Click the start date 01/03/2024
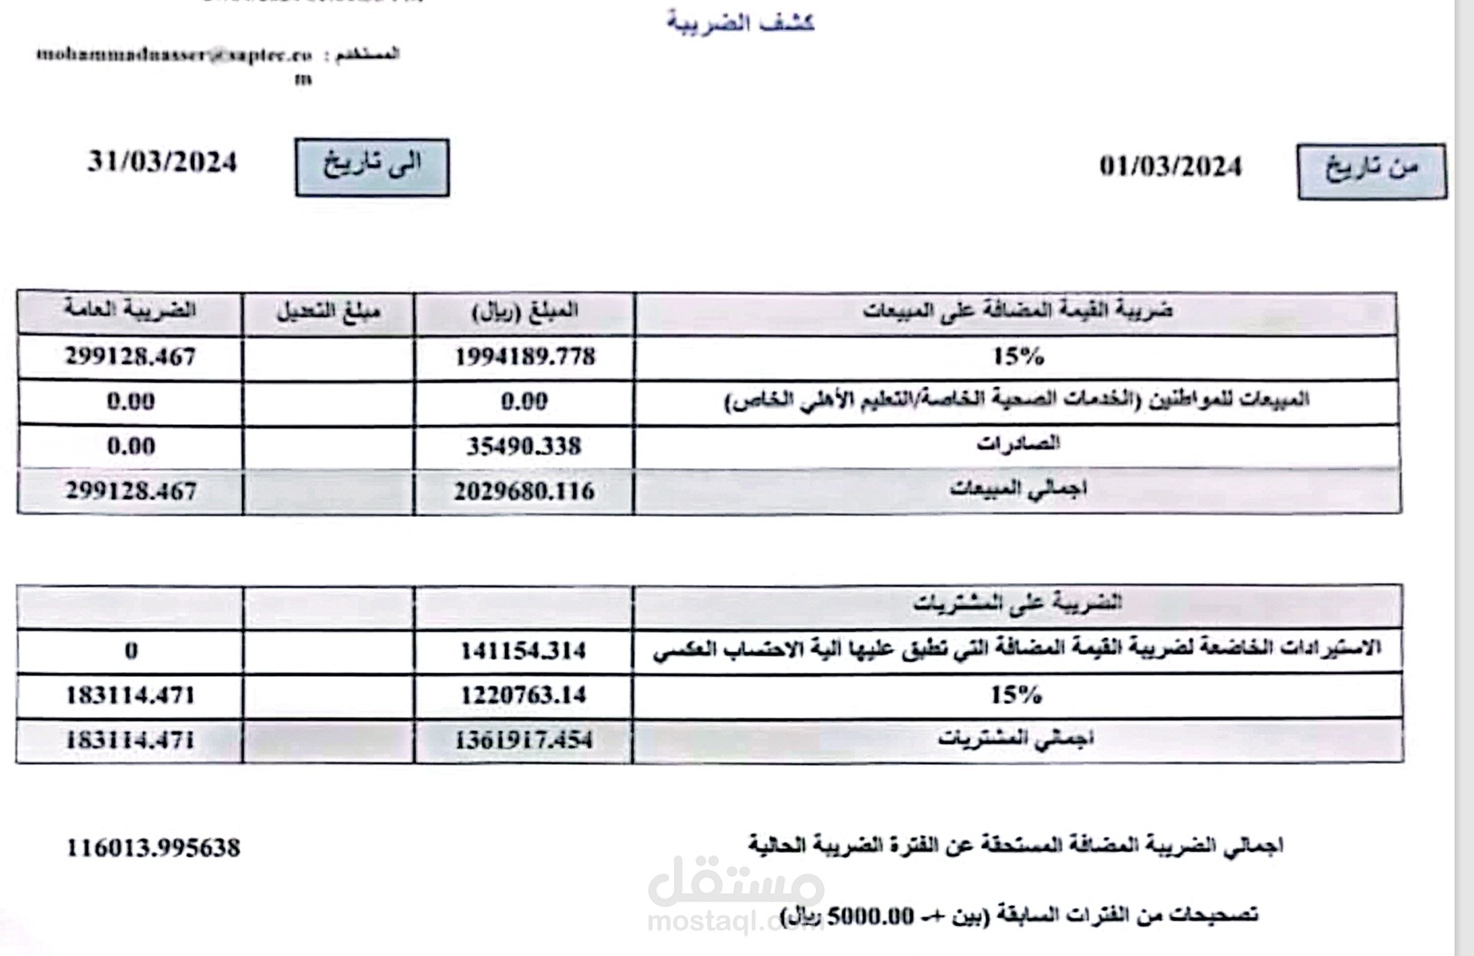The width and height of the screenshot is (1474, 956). pyautogui.click(x=1170, y=167)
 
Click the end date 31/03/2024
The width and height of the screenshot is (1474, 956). pyautogui.click(x=163, y=163)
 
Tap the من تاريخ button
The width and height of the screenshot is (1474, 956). pyautogui.click(x=1371, y=171)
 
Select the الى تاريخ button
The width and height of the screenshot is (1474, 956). pyautogui.click(x=372, y=167)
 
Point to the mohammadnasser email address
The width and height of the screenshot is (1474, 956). pyautogui.click(x=174, y=55)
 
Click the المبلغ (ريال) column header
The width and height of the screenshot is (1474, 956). pyautogui.click(x=525, y=312)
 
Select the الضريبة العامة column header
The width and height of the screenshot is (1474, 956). pyautogui.click(x=130, y=311)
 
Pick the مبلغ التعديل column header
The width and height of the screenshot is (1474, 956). pyautogui.click(x=328, y=312)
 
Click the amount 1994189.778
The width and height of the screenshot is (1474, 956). pyautogui.click(x=525, y=357)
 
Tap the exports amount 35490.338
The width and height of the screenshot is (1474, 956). pyautogui.click(x=524, y=446)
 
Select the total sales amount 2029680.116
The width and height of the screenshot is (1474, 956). pyautogui.click(x=524, y=491)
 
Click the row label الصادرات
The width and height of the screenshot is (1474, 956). pyautogui.click(x=1017, y=444)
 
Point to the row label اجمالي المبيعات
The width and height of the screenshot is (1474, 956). pyautogui.click(x=1017, y=489)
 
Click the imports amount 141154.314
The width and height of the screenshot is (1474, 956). pyautogui.click(x=523, y=651)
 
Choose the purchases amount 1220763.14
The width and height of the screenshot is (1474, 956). pyautogui.click(x=523, y=695)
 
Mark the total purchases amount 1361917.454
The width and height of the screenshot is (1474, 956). pyautogui.click(x=523, y=740)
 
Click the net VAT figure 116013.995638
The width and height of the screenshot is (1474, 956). pyautogui.click(x=153, y=848)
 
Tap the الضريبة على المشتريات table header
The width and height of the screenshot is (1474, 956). pyautogui.click(x=1017, y=604)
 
